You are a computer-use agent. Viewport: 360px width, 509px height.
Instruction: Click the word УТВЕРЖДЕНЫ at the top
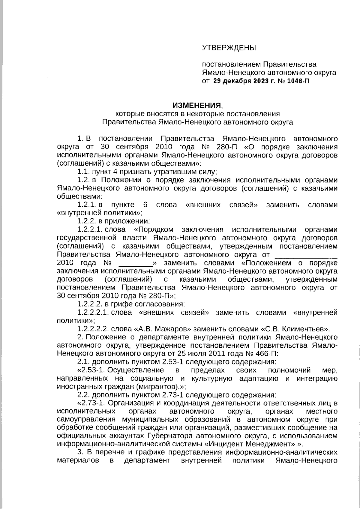click(229, 47)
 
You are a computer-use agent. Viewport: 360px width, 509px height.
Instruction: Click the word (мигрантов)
click(158, 386)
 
